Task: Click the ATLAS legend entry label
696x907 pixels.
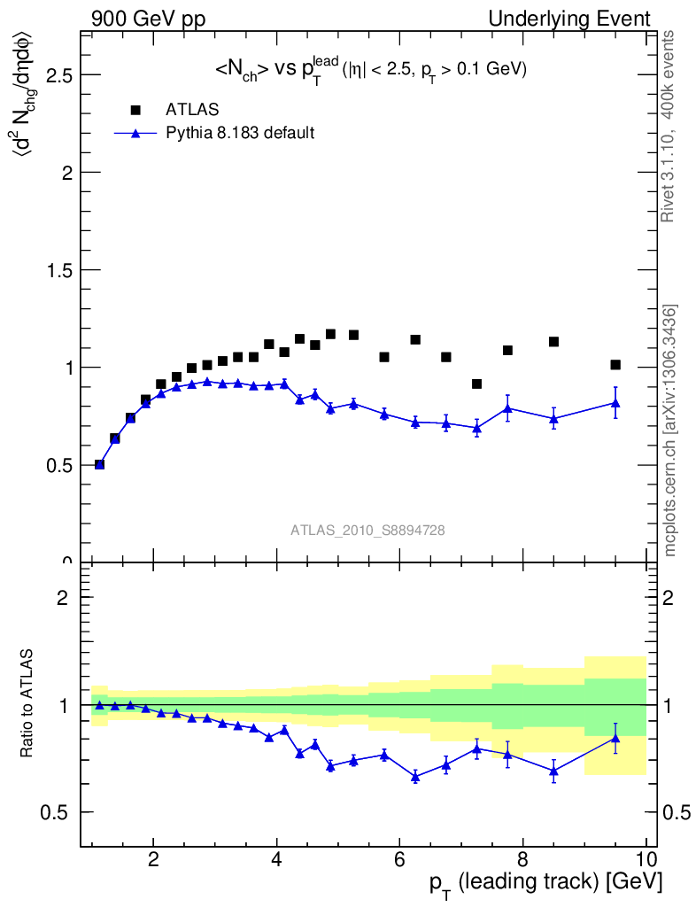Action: (192, 110)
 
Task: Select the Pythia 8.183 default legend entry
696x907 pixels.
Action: (240, 133)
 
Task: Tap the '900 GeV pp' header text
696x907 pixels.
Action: (148, 19)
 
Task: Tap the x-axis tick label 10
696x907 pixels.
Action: (646, 858)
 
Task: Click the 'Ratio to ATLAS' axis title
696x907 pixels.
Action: (27, 704)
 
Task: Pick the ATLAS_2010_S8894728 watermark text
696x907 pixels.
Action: (367, 531)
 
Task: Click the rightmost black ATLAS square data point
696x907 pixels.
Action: (615, 365)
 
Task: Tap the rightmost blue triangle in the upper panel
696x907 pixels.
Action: (615, 403)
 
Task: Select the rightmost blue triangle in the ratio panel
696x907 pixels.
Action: (615, 738)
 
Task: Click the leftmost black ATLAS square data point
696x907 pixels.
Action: (99, 464)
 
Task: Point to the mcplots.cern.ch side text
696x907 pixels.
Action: (670, 431)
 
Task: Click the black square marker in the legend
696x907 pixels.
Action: (135, 110)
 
